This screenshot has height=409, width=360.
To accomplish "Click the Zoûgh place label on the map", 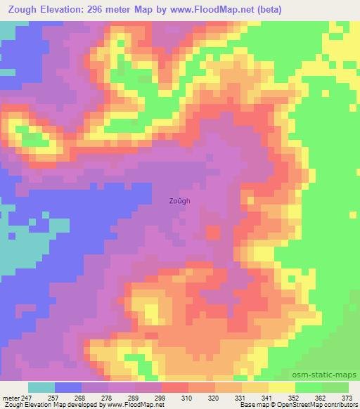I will pos(179,200).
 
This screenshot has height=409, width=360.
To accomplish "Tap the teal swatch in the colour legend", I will pos(41,387).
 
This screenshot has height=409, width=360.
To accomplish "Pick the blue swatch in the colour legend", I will pos(68,387).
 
